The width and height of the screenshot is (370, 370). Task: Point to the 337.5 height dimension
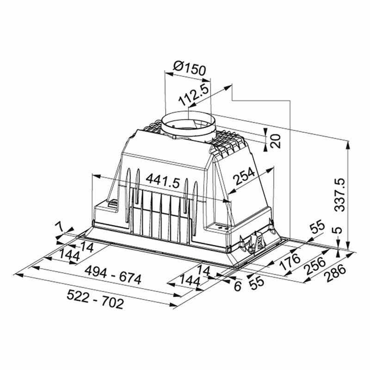point(340,194)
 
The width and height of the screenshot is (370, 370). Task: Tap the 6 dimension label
point(237,286)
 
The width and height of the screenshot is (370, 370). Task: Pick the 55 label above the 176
point(316,228)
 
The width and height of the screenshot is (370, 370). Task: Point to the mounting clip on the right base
point(254,240)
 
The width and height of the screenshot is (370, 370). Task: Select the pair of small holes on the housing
point(222,227)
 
